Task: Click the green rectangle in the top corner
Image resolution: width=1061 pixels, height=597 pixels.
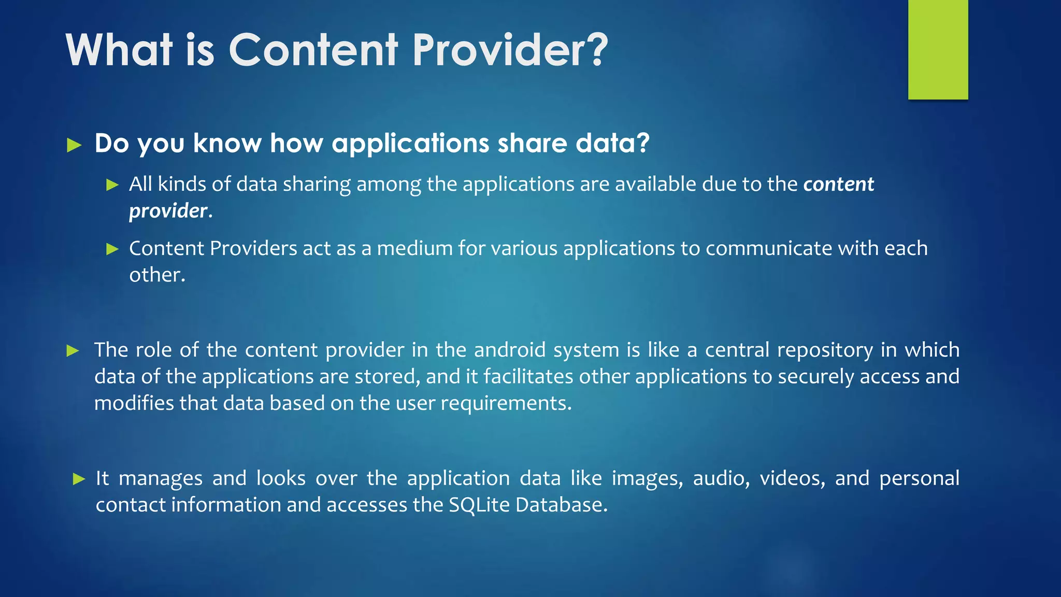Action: point(938,50)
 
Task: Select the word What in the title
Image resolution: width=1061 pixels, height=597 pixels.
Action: point(119,50)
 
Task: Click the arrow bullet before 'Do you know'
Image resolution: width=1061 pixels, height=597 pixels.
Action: point(75,145)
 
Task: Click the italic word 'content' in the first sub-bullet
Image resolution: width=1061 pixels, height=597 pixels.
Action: point(838,184)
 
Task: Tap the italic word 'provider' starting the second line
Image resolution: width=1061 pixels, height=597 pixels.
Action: point(168,211)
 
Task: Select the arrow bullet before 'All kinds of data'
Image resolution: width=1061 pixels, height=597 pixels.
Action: point(112,185)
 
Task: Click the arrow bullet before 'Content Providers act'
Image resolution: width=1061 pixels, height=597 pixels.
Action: point(112,249)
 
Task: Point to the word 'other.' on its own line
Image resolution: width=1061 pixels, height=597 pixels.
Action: point(157,275)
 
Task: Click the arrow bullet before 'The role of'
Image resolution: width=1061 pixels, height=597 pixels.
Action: point(73,351)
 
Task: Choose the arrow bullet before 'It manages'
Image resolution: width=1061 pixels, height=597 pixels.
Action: point(79,479)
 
